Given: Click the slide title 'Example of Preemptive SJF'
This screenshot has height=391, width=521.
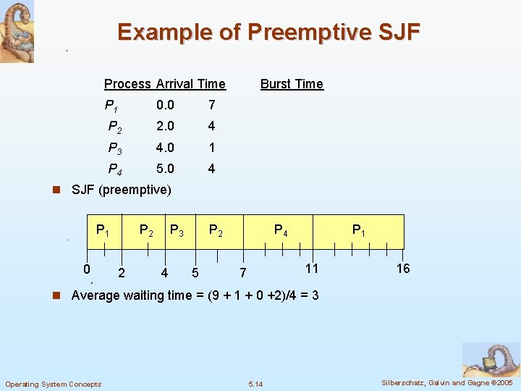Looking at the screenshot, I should coord(268,33).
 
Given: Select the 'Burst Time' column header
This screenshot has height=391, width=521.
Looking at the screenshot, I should coord(292,84).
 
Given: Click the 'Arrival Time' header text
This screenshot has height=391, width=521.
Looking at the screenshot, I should coord(191,84).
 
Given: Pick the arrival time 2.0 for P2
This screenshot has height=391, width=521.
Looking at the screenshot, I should coord(165,126).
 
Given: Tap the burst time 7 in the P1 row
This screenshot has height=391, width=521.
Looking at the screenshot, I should coord(211,105).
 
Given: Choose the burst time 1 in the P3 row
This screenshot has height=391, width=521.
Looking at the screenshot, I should coord(211,148).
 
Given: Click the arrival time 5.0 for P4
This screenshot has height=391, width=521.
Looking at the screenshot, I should coord(165,169).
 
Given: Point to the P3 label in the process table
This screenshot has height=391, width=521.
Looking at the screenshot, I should coord(114,148).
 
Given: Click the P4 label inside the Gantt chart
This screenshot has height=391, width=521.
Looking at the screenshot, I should coord(281,231).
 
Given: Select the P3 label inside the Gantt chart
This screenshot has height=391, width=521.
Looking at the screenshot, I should coord(176,231).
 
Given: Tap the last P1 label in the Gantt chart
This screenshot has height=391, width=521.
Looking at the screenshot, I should coord(358,231).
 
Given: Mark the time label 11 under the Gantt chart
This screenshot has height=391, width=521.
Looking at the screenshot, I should coord(310,269).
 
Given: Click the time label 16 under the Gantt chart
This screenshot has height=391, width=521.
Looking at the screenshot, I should coord(403,269).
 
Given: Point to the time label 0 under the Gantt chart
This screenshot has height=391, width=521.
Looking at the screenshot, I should coord(86,269).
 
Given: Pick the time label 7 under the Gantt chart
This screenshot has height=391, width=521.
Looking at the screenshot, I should coord(243,273).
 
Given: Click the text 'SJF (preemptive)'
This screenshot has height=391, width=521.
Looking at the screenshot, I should coord(122,190).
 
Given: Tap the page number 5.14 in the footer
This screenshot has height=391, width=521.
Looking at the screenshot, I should coord(255,384).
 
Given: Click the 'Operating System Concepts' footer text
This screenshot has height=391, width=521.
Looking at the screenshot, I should coord(54,384).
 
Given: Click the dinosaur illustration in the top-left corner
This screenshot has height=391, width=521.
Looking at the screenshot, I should coord(17,31).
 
